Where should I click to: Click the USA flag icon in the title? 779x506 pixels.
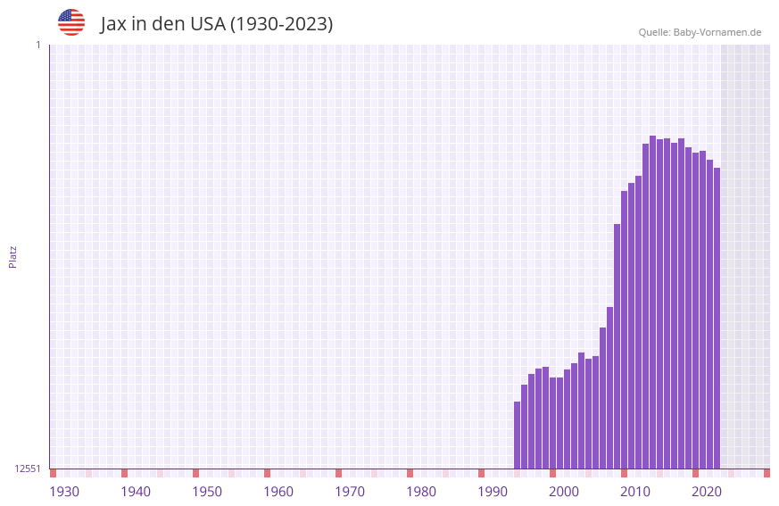(71, 22)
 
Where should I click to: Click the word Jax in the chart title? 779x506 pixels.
(113, 24)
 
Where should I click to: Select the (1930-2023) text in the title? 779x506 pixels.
(281, 24)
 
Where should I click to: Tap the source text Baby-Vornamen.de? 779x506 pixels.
(717, 32)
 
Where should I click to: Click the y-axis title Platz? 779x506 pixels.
(12, 256)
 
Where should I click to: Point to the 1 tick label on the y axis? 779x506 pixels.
(37, 45)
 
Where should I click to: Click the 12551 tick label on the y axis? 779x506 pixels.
(28, 469)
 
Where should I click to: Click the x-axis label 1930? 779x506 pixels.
(64, 492)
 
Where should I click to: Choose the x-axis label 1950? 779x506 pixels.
(207, 492)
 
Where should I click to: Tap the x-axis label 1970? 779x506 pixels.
(350, 492)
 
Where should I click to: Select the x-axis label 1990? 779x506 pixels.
(493, 492)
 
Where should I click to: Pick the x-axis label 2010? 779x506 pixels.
(635, 492)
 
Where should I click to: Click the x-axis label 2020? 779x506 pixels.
(707, 492)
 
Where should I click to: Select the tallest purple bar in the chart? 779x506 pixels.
(652, 303)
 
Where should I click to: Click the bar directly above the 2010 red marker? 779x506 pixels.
(624, 330)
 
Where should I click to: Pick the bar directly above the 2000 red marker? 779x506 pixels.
(552, 423)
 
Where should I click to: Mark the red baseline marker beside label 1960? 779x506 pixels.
(267, 473)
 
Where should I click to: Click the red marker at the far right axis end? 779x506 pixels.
(767, 473)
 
